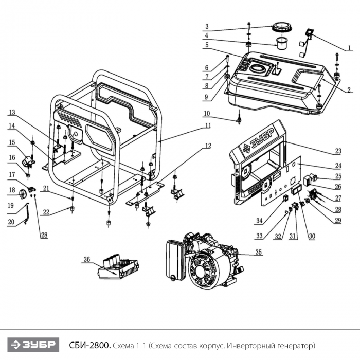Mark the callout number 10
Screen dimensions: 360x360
(x=206, y=113)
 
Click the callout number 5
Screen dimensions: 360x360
(x=206, y=45)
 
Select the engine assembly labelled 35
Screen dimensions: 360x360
(x=203, y=262)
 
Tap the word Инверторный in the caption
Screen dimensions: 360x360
(x=250, y=344)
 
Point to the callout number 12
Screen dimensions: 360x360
(x=208, y=146)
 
